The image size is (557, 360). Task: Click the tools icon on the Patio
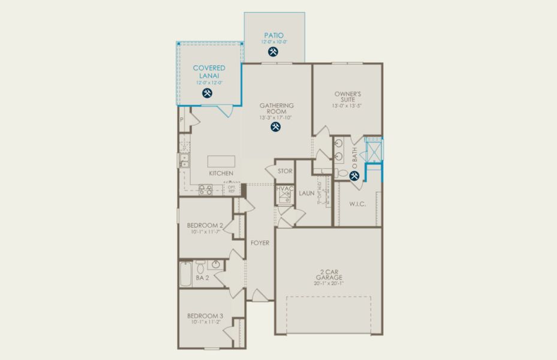(273, 52)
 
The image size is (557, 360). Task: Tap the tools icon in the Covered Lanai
(208, 93)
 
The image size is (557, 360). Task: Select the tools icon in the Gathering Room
(276, 127)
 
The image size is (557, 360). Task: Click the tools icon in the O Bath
(354, 176)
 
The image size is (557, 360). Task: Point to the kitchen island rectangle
(221, 161)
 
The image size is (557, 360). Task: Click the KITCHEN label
(221, 173)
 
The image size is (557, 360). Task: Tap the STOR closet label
(285, 171)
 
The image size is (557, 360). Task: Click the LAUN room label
(306, 193)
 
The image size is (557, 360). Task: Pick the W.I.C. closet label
(357, 204)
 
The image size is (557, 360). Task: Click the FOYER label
(260, 243)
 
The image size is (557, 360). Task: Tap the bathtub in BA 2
(186, 274)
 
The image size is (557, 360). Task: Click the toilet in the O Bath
(342, 174)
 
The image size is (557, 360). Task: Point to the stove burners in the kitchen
(205, 190)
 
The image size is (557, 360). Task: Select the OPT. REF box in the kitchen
(231, 188)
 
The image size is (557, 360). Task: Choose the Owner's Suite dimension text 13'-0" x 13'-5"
(347, 106)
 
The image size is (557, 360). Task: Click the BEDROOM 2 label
(204, 225)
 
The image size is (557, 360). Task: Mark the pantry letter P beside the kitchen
(181, 120)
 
